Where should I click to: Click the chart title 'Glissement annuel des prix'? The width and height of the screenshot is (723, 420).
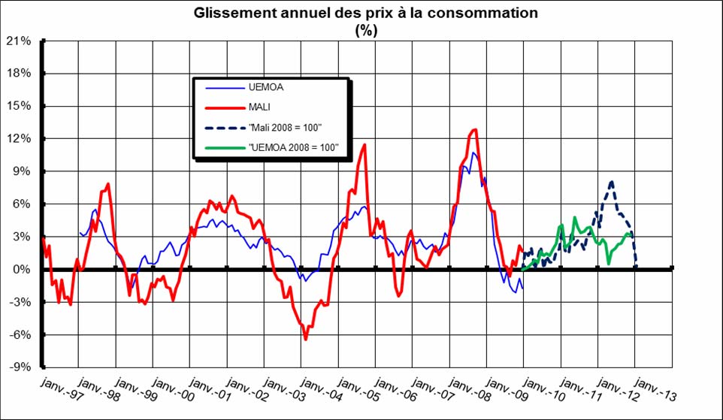[x=365, y=13]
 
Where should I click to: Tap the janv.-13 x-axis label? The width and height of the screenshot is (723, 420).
[x=647, y=389]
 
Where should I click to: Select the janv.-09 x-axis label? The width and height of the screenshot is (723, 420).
[x=500, y=389]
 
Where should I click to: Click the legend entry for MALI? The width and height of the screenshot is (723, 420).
[x=260, y=107]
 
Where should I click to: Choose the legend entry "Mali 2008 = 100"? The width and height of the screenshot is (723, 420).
[x=286, y=128]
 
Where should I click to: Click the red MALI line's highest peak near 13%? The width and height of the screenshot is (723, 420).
[x=473, y=130]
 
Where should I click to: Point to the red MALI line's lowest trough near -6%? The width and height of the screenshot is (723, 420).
[x=306, y=339]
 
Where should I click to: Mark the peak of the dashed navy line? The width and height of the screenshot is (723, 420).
[x=612, y=182]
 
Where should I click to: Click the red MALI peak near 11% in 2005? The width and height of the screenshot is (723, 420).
[x=365, y=145]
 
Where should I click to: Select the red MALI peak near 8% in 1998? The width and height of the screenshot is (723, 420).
[x=108, y=184]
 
